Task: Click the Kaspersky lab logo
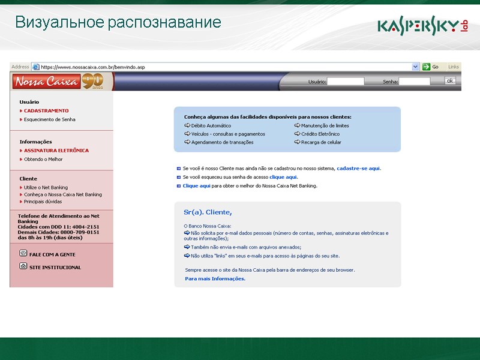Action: [422, 26]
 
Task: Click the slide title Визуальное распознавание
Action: [118, 23]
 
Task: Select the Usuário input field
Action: [345, 82]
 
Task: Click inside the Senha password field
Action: [415, 82]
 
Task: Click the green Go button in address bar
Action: [431, 67]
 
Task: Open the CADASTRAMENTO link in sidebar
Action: [46, 111]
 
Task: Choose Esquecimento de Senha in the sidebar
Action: [49, 119]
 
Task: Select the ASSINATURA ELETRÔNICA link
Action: [56, 151]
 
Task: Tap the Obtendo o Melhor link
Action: [43, 159]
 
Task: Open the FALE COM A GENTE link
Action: [52, 254]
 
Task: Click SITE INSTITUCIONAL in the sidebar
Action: [55, 268]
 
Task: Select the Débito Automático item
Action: [211, 125]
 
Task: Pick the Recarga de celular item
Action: [321, 142]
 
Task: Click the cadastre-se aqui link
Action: [359, 169]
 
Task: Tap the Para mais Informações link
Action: [215, 279]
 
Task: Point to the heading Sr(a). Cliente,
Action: [208, 212]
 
